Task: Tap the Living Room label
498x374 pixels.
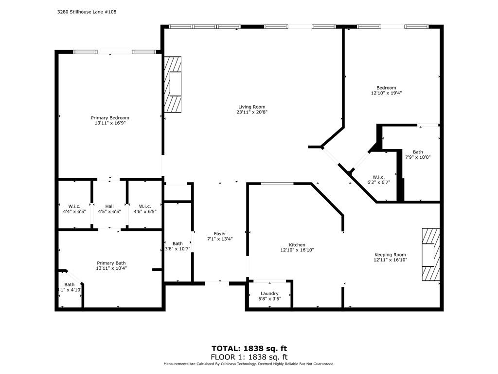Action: tap(251, 107)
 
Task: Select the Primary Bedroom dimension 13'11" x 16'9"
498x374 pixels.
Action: tap(110, 124)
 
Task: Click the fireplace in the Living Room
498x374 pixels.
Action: tap(173, 84)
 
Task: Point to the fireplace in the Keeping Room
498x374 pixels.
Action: tap(430, 254)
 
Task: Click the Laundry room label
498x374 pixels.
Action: tap(269, 294)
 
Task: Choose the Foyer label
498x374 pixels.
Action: tap(220, 234)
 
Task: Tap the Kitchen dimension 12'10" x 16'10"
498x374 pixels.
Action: tap(297, 250)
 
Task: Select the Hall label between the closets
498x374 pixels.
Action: tap(109, 206)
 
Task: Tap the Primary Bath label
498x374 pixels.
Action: tap(110, 263)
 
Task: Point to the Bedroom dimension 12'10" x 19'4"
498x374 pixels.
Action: tap(386, 93)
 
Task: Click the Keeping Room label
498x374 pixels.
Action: tap(390, 255)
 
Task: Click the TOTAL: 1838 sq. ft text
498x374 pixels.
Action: tap(249, 348)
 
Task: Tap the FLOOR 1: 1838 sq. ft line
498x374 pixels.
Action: tap(249, 356)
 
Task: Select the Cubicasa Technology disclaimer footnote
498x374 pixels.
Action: tap(249, 364)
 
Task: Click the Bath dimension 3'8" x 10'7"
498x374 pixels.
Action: tap(177, 249)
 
